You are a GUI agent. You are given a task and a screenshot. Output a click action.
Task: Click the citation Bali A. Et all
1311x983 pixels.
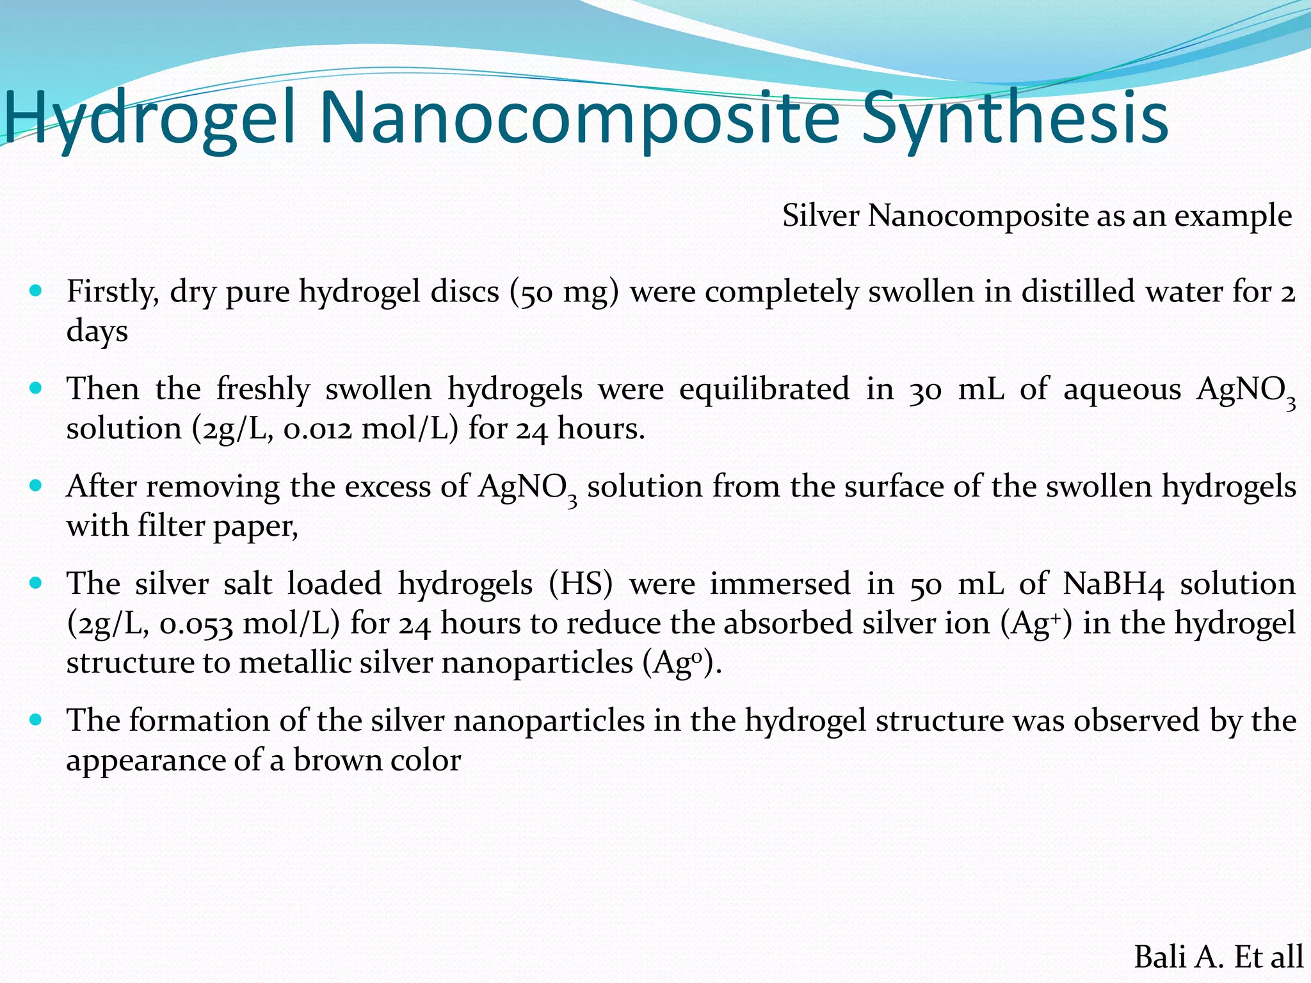click(1218, 957)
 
